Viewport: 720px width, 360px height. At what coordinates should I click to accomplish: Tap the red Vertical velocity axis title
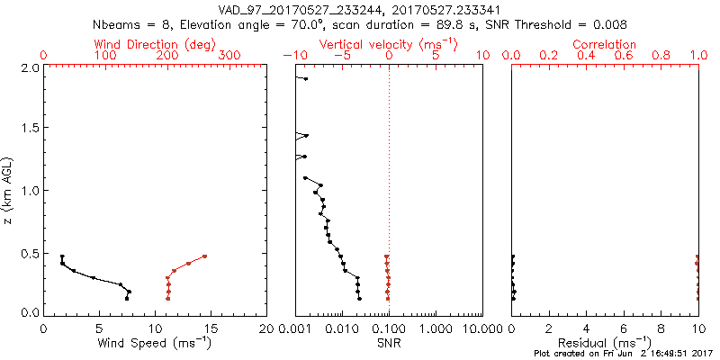(389, 44)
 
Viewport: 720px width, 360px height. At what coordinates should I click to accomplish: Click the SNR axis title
(389, 343)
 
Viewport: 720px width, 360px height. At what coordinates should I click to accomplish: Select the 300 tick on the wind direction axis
(229, 56)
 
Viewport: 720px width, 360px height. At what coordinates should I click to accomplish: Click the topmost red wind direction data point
(204, 256)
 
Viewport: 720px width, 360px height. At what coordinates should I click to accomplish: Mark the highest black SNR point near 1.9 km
(306, 79)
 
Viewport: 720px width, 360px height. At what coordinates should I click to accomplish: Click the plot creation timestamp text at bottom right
(623, 354)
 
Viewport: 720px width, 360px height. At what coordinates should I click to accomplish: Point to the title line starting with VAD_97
(360, 12)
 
